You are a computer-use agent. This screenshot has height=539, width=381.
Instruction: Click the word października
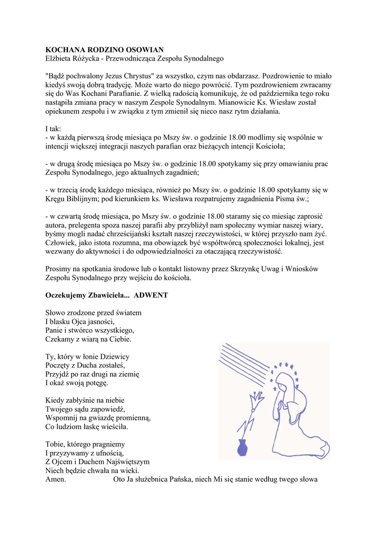click(x=273, y=93)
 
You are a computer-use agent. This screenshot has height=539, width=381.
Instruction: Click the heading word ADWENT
click(x=151, y=295)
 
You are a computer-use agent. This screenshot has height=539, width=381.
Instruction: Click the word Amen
click(x=56, y=480)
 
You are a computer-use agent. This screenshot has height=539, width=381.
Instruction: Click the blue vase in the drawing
click(x=243, y=447)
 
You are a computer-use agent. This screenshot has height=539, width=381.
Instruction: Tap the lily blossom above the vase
click(x=257, y=401)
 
